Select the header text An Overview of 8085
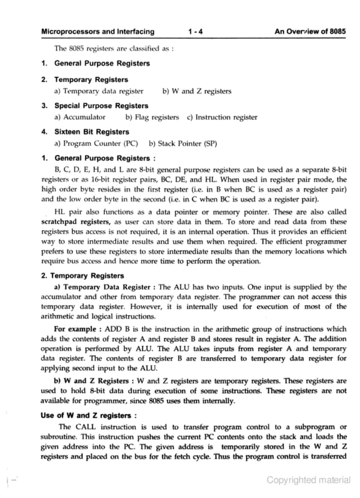(310, 32)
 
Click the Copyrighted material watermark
(308, 480)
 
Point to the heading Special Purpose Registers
(101, 105)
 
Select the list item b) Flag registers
(152, 117)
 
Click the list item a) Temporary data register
(99, 91)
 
